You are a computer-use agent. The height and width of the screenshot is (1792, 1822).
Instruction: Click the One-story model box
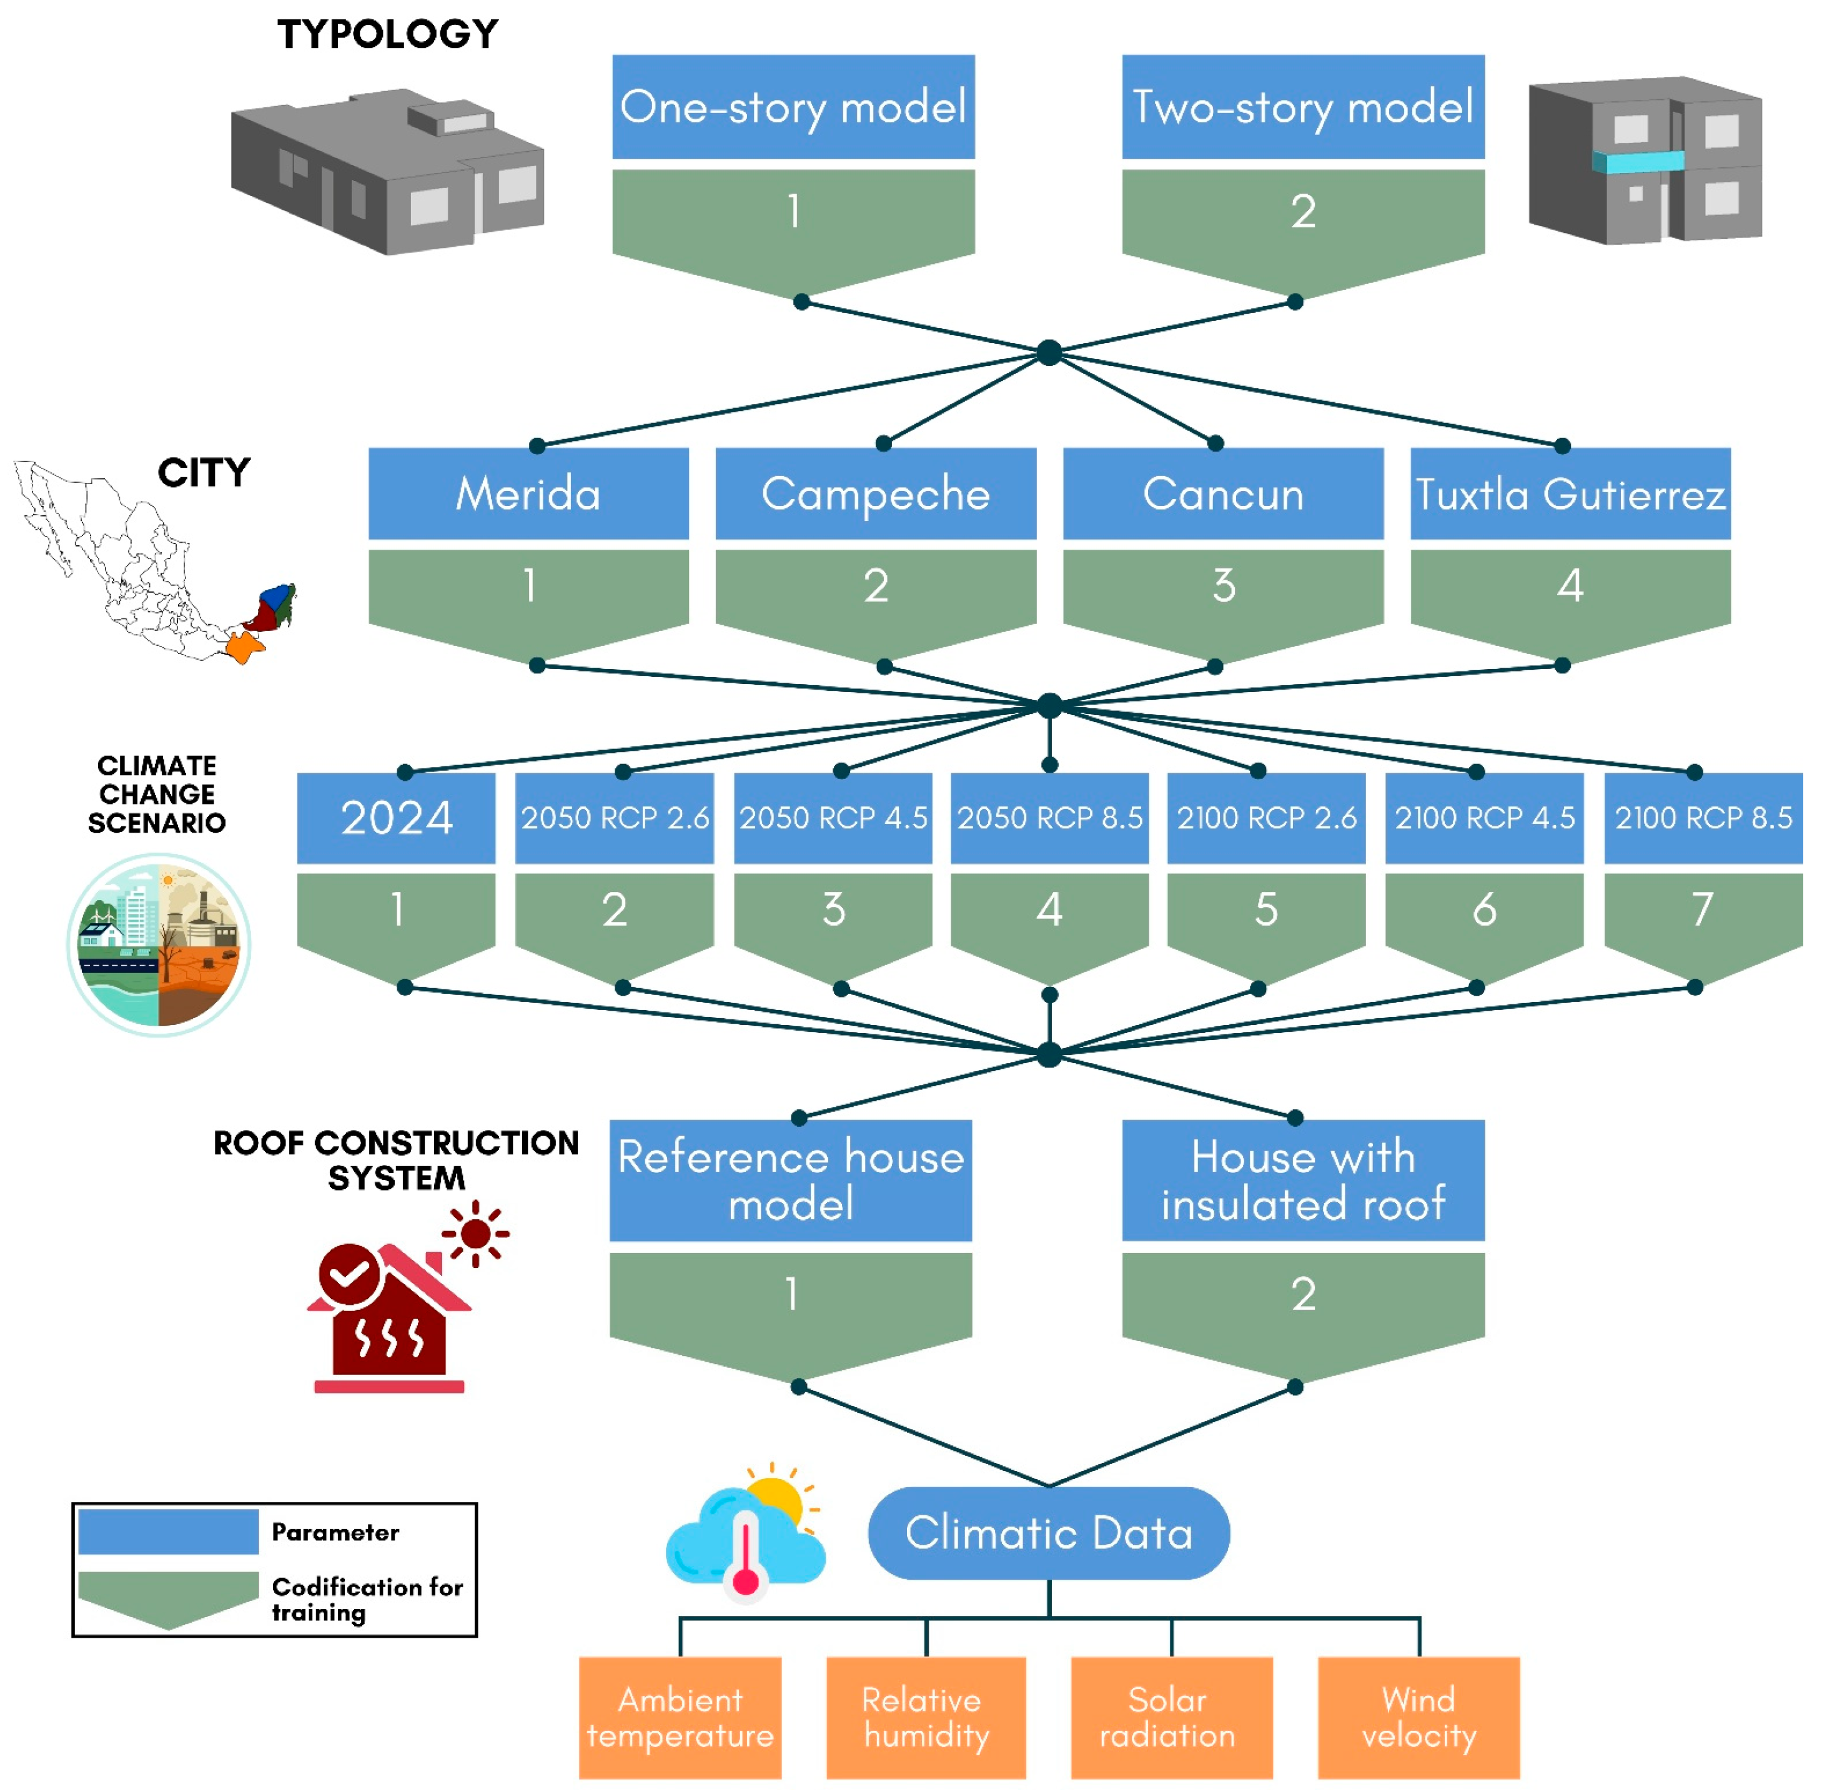click(x=793, y=106)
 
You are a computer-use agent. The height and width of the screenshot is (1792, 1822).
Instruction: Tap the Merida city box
click(x=528, y=493)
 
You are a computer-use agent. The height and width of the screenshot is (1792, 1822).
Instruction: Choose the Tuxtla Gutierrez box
click(x=1570, y=493)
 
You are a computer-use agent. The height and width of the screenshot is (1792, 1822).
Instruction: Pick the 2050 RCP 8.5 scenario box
click(x=1049, y=817)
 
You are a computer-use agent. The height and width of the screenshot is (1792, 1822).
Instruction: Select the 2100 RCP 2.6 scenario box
click(x=1266, y=817)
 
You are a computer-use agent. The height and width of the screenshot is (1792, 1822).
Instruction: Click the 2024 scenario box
click(x=396, y=817)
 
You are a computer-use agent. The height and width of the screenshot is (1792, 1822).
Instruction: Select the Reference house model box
click(x=791, y=1179)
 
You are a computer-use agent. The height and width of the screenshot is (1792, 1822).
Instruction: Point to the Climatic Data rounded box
click(x=1048, y=1533)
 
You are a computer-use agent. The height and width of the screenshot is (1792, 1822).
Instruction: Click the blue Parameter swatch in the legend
click(x=169, y=1532)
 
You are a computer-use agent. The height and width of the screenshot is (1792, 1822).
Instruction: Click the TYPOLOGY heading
click(x=387, y=35)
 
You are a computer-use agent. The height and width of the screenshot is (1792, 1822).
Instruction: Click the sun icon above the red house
click(x=475, y=1233)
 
